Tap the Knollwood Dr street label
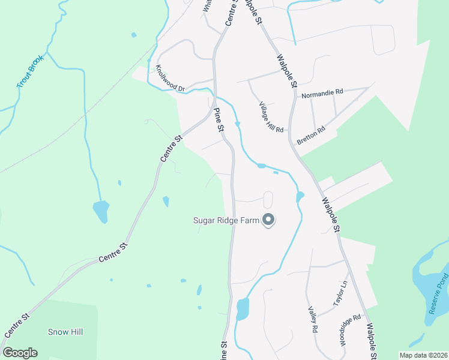[x=169, y=78]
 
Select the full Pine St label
[x=219, y=121]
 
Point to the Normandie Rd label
[x=323, y=94]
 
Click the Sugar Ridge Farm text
[x=226, y=220]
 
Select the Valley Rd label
[x=313, y=320]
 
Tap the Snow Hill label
[x=65, y=332]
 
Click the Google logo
[x=20, y=353]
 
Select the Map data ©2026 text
[x=423, y=355]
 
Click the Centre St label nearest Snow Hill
[x=16, y=325]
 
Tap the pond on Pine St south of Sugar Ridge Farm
[x=243, y=308]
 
